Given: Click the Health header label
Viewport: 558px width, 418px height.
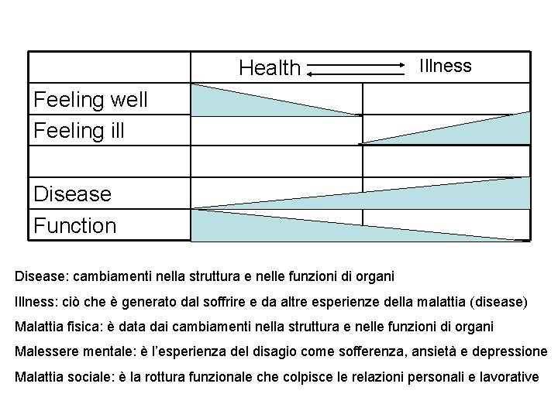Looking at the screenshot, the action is (269, 68).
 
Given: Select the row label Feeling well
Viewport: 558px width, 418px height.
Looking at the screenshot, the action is (80, 99).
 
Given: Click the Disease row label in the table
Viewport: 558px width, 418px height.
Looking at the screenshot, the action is (72, 194).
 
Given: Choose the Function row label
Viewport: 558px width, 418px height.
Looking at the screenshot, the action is (75, 225).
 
